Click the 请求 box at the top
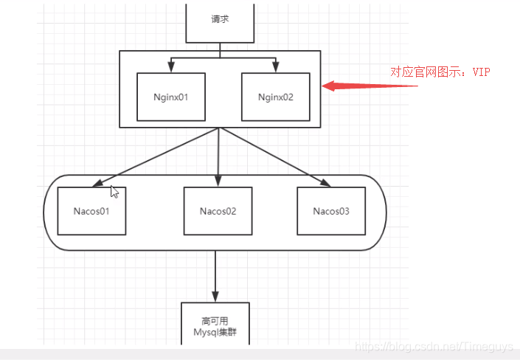220,21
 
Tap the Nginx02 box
276,97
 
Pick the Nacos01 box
91,211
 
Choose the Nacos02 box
218,211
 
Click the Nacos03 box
330,211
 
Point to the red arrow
369,86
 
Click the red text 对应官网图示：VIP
440,72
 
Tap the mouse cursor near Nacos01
114,192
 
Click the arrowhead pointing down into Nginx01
170,68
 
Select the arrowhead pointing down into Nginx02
276,68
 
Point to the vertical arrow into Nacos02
218,159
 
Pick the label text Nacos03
330,211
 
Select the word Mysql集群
215,332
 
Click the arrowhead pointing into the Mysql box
215,297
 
